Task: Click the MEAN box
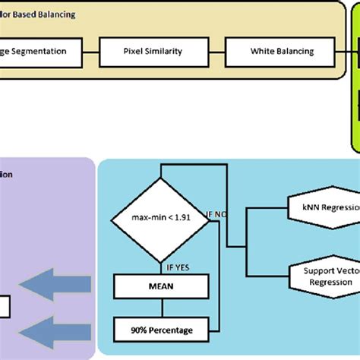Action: pyautogui.click(x=159, y=286)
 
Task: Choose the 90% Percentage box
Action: pyautogui.click(x=159, y=330)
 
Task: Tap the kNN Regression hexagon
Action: pyautogui.click(x=324, y=207)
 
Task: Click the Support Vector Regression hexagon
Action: pyautogui.click(x=324, y=276)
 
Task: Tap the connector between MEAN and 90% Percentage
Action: pyautogui.click(x=159, y=308)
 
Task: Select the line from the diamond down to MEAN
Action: pyautogui.click(x=159, y=267)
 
